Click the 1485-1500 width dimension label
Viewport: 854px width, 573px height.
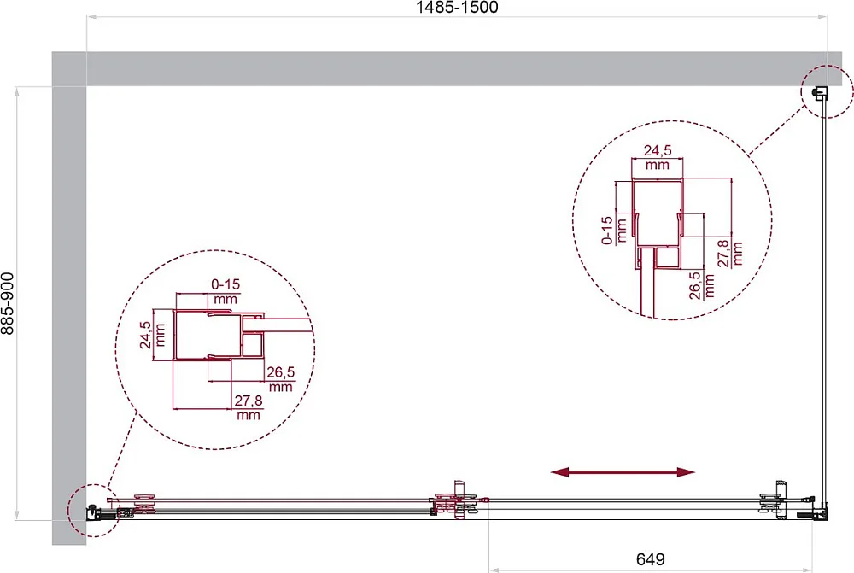pyautogui.click(x=457, y=7)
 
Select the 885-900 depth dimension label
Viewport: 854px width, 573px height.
pyautogui.click(x=8, y=303)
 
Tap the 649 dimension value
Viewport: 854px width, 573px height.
pyautogui.click(x=650, y=558)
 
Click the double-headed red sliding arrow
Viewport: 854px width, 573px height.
pyautogui.click(x=623, y=471)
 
